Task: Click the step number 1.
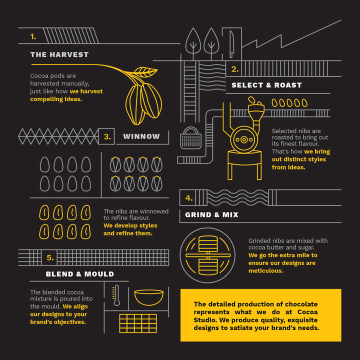coord(33,36)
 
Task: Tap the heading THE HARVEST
coord(59,54)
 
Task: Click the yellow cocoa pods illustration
coord(142,97)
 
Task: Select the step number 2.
coord(235,69)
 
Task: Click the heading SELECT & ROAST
coord(266,85)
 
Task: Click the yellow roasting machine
coord(245,140)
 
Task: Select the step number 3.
coord(107,136)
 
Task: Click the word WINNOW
coord(141,136)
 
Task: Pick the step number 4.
coord(188,198)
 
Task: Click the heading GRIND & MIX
coord(211,214)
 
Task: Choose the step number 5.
coord(50,257)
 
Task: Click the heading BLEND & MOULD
coord(79,274)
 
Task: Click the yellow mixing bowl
coord(148,297)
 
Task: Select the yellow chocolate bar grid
coord(138,323)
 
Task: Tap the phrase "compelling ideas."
coord(56,99)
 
